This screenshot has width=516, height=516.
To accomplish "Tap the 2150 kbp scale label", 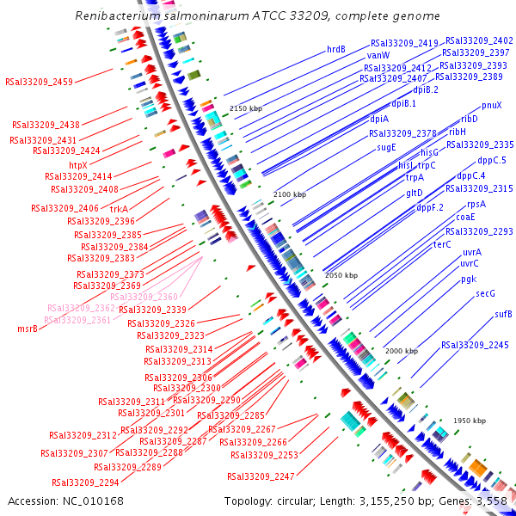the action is pos(246,109).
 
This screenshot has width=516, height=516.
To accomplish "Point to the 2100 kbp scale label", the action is pos(289,195).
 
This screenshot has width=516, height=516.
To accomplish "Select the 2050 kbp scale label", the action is pos(341,275).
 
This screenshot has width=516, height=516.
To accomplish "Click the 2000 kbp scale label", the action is pos(401,351).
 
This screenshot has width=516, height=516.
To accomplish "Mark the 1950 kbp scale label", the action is pos(470,421).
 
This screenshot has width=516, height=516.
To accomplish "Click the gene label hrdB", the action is pos(336,49).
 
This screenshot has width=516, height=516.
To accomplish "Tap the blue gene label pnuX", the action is pos(491,105).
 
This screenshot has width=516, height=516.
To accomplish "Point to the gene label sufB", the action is pos(503,314).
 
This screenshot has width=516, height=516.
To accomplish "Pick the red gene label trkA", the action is pos(119,208).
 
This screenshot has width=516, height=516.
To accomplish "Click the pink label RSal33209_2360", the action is pos(144,297).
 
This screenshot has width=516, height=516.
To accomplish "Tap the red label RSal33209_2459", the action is pos(39,83).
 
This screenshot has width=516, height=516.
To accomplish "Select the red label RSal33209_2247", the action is pos(261,476).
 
